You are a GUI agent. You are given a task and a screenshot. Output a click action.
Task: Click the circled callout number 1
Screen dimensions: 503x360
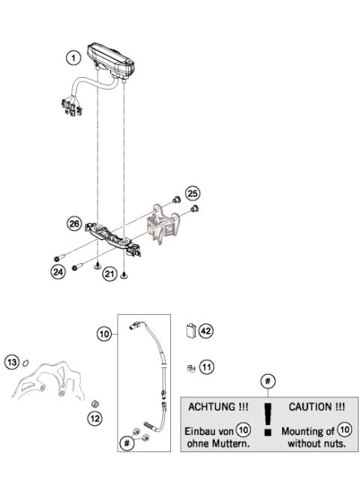pos(73,57)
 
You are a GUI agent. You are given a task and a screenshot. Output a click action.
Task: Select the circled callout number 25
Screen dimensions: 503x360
pos(193,192)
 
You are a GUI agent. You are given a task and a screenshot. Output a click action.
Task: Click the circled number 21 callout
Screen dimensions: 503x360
pos(110,275)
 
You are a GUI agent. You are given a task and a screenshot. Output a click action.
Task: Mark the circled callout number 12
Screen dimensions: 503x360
pos(94,418)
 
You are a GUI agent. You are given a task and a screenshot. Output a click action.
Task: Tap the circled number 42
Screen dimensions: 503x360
pos(207,329)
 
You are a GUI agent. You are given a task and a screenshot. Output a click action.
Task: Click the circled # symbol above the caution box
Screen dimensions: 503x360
pos(268,382)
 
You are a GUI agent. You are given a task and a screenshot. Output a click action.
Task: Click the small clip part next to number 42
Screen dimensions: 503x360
pos(190,330)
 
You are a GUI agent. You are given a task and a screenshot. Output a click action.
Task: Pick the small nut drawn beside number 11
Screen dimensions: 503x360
pos(191,367)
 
